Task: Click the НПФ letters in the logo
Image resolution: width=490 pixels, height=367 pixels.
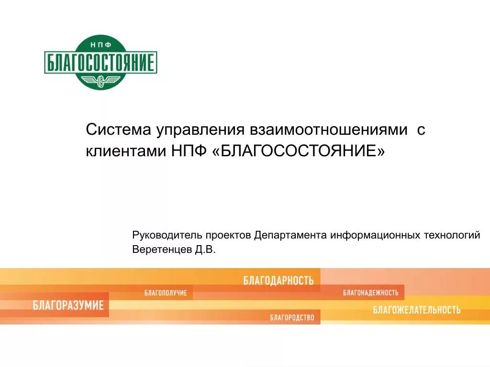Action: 100,44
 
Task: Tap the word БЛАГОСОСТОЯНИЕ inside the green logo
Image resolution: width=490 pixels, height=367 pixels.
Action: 100,63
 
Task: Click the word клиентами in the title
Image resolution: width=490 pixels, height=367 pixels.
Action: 124,151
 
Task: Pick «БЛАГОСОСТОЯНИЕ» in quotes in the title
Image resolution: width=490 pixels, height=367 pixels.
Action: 297,151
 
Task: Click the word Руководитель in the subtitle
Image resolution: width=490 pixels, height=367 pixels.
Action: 166,236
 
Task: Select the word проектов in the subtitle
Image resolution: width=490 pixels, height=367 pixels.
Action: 228,236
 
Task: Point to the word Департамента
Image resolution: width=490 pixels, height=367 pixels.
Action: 290,236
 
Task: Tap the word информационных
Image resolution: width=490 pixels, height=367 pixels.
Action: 375,236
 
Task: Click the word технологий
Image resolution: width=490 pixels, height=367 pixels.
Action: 452,236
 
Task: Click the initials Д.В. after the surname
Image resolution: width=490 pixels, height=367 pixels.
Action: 206,249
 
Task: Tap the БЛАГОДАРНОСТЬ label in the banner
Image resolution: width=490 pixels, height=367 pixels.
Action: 278,281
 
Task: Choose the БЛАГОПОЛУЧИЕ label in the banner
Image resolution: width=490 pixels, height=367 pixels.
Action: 166,292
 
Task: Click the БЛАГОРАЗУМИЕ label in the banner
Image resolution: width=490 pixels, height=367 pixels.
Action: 68,305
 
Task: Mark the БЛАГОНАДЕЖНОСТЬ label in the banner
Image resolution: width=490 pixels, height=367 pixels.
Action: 371,292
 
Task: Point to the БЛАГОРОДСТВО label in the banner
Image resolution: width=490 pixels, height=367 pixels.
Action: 292,317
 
